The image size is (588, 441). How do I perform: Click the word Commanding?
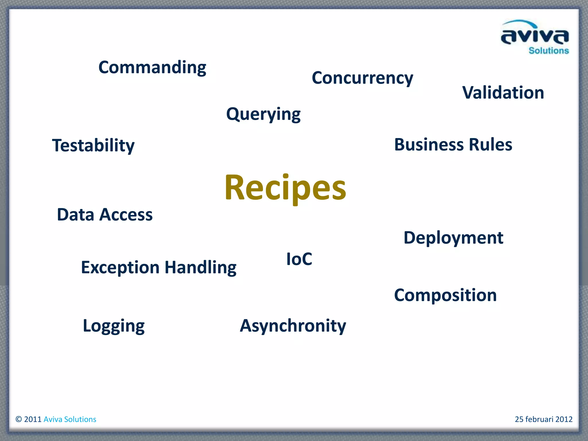click(x=152, y=68)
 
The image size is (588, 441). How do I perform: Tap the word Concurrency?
click(x=362, y=78)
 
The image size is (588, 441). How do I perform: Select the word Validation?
click(x=503, y=93)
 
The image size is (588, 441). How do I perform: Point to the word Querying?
click(x=263, y=114)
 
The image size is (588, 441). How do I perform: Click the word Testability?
click(x=93, y=145)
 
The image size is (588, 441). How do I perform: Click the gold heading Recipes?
click(x=285, y=188)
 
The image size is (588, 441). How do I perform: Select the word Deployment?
click(x=453, y=238)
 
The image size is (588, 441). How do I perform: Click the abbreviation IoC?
click(x=299, y=259)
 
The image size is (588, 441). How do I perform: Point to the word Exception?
click(x=120, y=268)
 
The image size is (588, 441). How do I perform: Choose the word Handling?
click(x=200, y=268)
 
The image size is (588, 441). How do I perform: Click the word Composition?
click(x=445, y=295)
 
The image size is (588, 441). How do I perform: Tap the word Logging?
click(x=114, y=326)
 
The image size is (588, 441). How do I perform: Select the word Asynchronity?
click(x=293, y=326)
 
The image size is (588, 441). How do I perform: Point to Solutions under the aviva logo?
click(x=548, y=51)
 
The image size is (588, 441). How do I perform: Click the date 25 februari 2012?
click(x=543, y=419)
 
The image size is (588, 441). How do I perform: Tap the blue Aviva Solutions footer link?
click(x=70, y=419)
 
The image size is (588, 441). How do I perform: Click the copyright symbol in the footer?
click(x=19, y=419)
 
